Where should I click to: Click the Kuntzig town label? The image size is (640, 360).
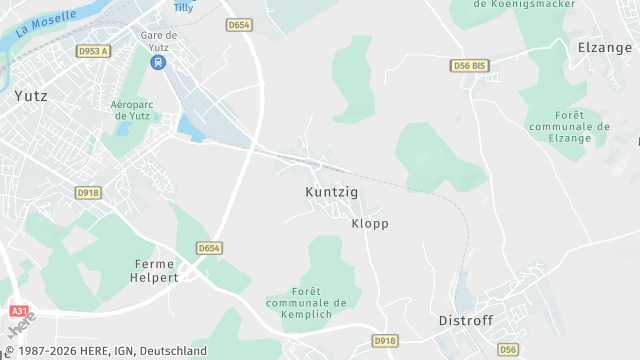pos(331,191)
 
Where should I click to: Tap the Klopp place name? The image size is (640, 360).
pos(370,224)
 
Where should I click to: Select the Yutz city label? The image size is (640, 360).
pos(30,97)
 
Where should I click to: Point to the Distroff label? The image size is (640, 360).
pos(467,321)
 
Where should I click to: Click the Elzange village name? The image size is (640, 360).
pos(605,46)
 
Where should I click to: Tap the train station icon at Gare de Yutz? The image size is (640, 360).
pos(158,62)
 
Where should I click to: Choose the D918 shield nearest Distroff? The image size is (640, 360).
pos(385,341)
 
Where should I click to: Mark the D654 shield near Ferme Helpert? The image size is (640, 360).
pos(208,248)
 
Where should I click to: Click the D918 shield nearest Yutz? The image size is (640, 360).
pos(88,192)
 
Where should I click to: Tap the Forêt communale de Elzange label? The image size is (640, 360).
pos(568,127)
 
